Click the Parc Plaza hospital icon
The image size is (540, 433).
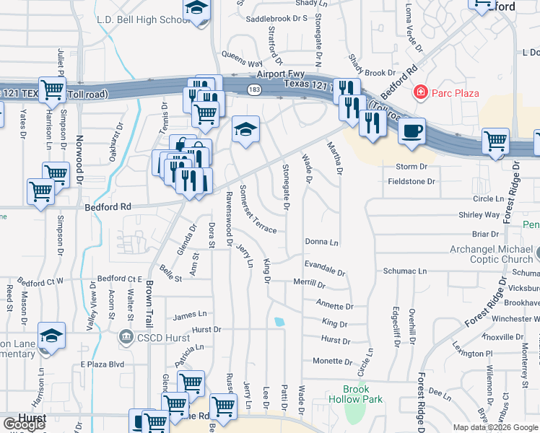[x=419, y=92]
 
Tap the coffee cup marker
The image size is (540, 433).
[x=412, y=131]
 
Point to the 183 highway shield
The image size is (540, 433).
[x=253, y=88]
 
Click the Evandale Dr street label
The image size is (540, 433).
[x=325, y=268]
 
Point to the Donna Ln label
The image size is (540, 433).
[x=322, y=242]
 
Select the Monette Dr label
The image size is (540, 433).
[x=331, y=361]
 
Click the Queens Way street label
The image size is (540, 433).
[x=242, y=58]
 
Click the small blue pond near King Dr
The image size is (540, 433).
[x=279, y=322]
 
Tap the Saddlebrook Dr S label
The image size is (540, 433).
[x=277, y=17]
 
